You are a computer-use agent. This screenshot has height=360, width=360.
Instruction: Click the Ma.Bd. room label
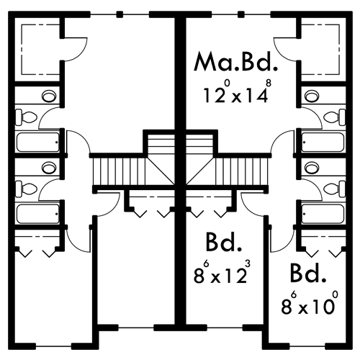click(x=235, y=62)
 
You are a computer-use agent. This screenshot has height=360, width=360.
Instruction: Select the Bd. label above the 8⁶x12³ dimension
click(x=223, y=242)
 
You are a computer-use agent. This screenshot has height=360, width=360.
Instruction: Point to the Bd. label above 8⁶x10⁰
click(x=308, y=273)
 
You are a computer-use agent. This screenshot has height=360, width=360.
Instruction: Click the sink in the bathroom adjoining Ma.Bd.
click(x=312, y=96)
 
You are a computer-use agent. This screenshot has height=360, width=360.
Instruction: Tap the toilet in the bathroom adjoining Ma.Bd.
click(x=334, y=117)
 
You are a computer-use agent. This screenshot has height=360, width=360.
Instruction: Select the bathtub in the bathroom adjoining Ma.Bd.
click(x=323, y=143)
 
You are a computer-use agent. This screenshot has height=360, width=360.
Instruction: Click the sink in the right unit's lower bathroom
click(x=312, y=167)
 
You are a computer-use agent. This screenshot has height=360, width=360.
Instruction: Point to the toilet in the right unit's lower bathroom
click(x=334, y=189)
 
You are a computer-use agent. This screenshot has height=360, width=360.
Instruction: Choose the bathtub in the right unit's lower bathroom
click(x=323, y=214)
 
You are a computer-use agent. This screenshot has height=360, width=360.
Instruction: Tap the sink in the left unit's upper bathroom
click(x=49, y=96)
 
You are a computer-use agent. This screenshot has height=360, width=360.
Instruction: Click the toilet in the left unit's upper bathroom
click(x=27, y=117)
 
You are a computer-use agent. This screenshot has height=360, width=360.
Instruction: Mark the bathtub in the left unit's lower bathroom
click(x=38, y=214)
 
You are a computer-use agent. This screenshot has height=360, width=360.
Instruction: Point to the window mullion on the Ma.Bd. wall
click(x=241, y=14)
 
